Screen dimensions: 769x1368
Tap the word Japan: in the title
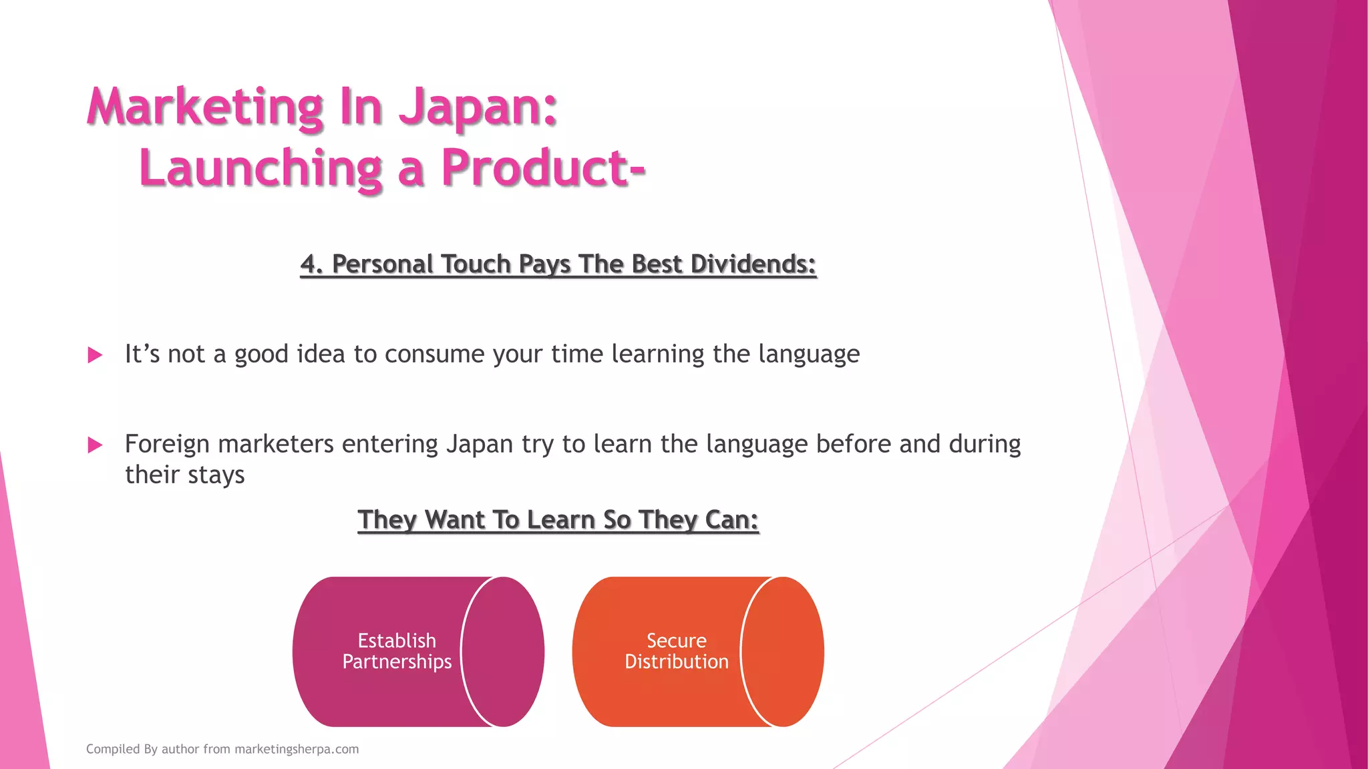[478, 107]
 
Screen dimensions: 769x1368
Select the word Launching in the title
[261, 168]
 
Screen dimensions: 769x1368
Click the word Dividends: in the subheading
[753, 264]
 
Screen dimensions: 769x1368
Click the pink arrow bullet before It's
[95, 355]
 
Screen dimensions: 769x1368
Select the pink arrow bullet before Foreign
[95, 445]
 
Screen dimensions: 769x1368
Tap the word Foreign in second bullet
[167, 444]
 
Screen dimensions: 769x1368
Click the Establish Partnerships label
[397, 651]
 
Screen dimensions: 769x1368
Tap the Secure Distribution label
[676, 651]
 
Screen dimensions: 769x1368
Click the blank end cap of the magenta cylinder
[503, 652]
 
